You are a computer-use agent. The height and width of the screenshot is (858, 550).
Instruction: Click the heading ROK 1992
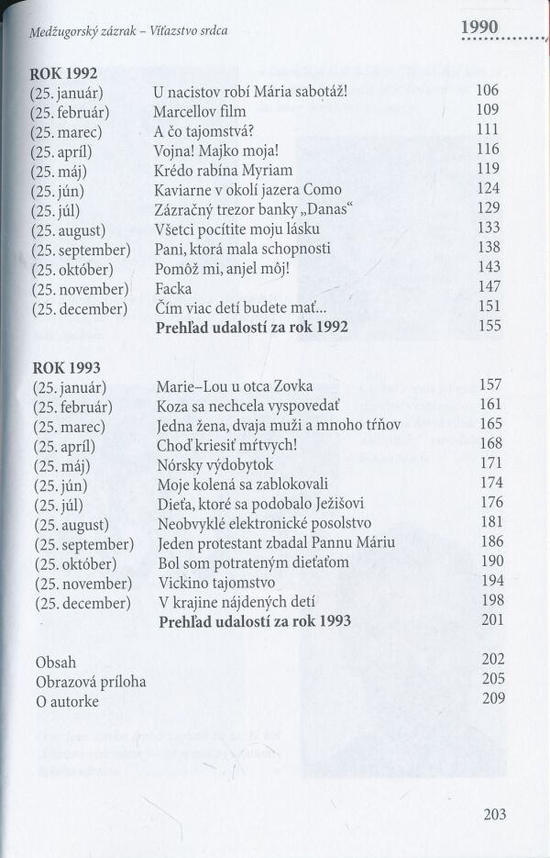point(64,73)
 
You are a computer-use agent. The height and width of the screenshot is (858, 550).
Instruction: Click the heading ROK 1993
point(64,364)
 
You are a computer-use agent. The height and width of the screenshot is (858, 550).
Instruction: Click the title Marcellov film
point(202,111)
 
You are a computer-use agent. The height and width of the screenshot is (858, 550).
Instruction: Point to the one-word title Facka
point(173,286)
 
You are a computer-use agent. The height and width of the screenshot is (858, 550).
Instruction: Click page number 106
point(489,92)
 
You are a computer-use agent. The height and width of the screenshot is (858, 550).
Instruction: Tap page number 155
point(489,326)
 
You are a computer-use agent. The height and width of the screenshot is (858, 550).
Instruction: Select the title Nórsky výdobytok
point(216,462)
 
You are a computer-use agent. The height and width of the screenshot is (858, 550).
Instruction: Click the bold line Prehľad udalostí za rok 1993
point(256,622)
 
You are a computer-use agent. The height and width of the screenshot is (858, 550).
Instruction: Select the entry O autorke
point(68,702)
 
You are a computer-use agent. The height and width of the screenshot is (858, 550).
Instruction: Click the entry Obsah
point(56,662)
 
